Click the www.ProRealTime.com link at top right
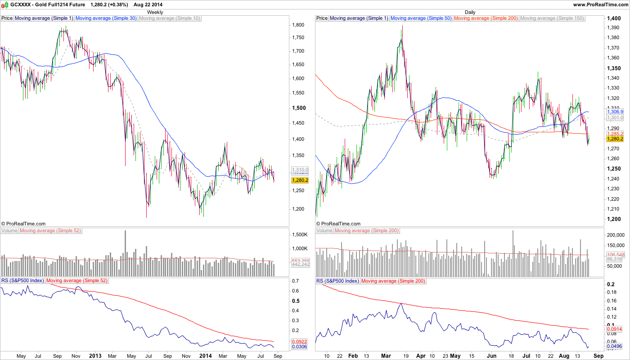[x=601, y=4]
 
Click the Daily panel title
[x=470, y=12]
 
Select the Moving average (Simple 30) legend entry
[x=106, y=18]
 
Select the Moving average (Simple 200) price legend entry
[x=486, y=18]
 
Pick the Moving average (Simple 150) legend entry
[x=552, y=18]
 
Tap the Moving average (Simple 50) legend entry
[x=421, y=18]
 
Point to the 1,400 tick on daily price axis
[x=615, y=19]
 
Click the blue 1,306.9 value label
[x=615, y=112]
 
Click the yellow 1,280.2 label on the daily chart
[x=615, y=139]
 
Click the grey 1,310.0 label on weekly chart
[x=300, y=170]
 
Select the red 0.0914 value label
[x=615, y=329]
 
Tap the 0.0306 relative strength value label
[x=300, y=346]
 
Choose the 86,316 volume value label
[x=615, y=259]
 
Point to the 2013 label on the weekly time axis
[x=95, y=356]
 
